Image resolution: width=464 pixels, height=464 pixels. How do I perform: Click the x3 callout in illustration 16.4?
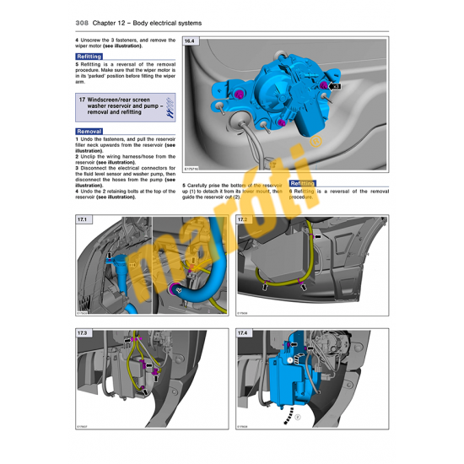point(335,86)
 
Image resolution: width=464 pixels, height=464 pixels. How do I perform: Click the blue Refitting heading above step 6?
point(302,183)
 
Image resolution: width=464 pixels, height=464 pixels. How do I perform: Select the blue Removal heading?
point(89,132)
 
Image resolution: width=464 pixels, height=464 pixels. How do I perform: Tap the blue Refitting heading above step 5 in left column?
point(89,57)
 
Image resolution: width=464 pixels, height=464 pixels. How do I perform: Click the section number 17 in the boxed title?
point(82,100)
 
